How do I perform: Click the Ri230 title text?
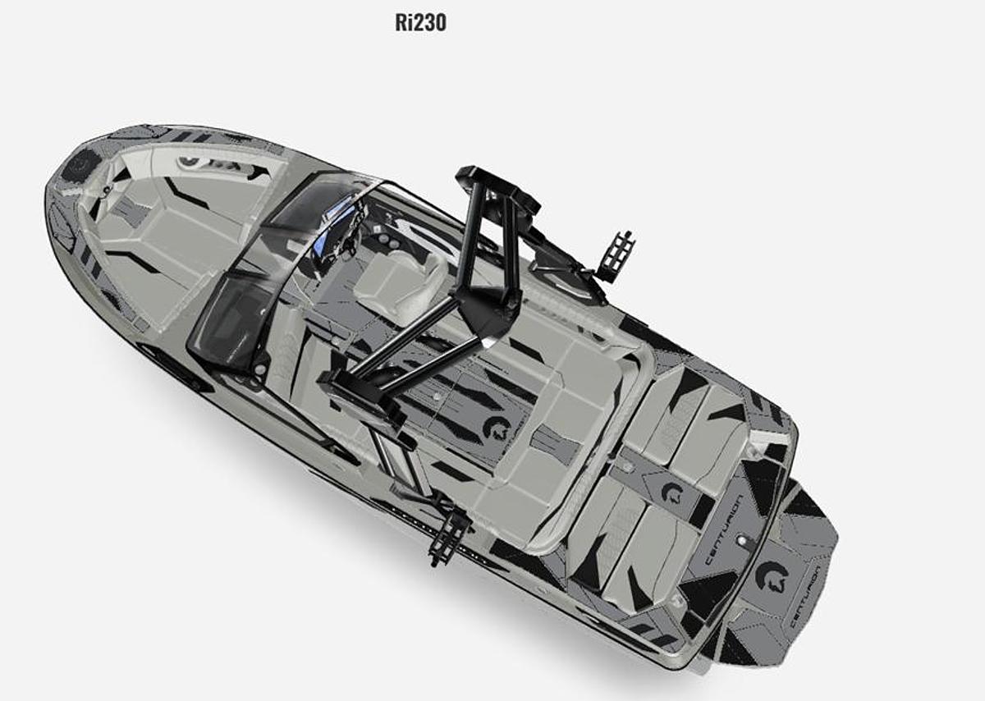click(420, 22)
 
